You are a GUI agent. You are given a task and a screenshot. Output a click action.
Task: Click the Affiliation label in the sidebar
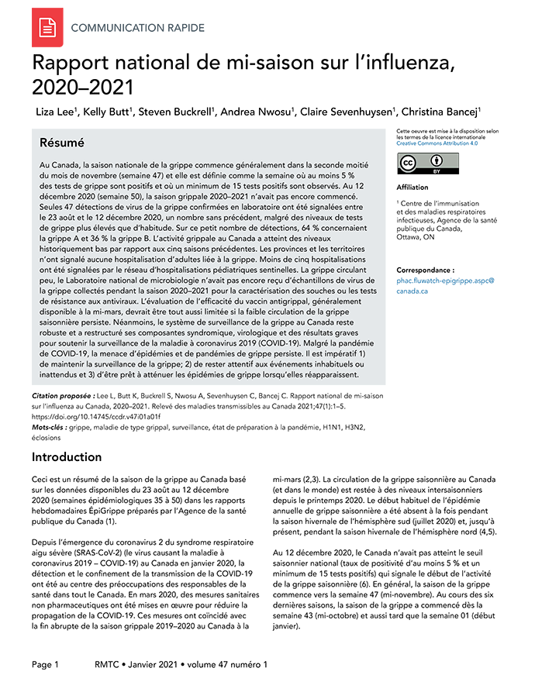click(x=412, y=188)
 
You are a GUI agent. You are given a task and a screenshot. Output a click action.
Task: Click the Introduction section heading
click(x=67, y=457)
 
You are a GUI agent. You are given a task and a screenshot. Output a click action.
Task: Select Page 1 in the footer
click(x=45, y=665)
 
